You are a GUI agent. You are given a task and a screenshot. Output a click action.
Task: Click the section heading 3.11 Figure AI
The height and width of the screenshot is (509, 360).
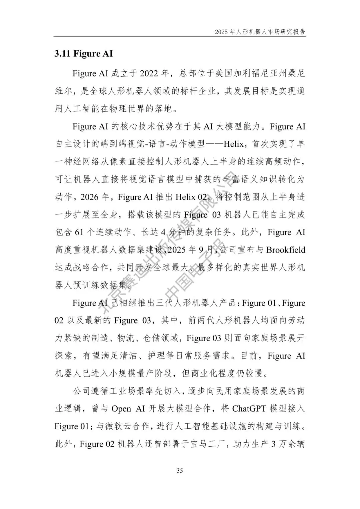click(83, 54)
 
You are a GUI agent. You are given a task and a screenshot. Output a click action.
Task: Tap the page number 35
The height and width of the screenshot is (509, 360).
click(180, 471)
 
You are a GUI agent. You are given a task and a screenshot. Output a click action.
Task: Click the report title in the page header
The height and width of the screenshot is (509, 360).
click(260, 32)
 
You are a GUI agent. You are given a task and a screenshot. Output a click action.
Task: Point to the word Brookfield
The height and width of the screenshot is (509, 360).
click(286, 250)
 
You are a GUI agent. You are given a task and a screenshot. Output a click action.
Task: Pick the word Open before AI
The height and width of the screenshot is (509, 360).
click(121, 409)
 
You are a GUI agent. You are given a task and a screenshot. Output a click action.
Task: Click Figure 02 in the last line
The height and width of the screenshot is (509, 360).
click(97, 444)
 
